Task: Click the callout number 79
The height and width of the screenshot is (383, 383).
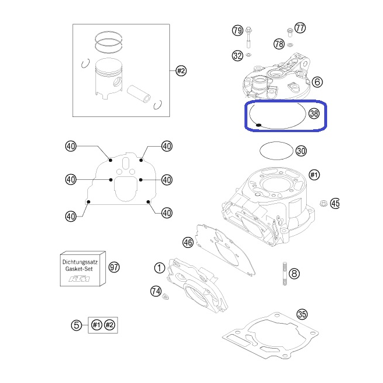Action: coord(237,30)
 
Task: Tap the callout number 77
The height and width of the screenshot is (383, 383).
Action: coord(300,28)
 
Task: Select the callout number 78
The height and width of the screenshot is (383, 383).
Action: coord(279,44)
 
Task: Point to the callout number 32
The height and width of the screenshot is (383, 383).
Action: coord(237,56)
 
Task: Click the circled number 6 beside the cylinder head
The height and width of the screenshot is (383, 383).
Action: coord(317,82)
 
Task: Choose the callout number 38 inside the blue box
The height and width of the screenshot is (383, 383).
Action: coord(314,114)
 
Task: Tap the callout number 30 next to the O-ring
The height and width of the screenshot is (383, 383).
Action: coord(301,151)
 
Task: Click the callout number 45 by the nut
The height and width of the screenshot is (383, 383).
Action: coord(335,203)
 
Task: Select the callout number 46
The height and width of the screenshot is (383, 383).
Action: coord(188,242)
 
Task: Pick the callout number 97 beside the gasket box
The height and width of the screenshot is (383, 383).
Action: coord(114,267)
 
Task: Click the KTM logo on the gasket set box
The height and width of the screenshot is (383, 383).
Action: coord(79,279)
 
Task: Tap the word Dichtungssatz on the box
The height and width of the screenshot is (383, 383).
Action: coord(80,262)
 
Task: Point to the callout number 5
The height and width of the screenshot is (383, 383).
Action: coord(76,325)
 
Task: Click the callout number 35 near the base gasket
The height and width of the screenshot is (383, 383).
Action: coord(302,314)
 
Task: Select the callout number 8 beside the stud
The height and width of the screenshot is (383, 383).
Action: coord(294,274)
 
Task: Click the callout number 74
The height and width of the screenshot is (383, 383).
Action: coord(156,291)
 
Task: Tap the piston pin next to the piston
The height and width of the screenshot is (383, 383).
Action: coord(139,94)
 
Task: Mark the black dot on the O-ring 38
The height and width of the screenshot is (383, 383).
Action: coord(258,125)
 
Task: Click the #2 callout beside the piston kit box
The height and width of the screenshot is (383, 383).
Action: coord(181,71)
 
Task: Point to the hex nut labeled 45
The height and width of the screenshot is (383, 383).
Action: coord(324,203)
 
